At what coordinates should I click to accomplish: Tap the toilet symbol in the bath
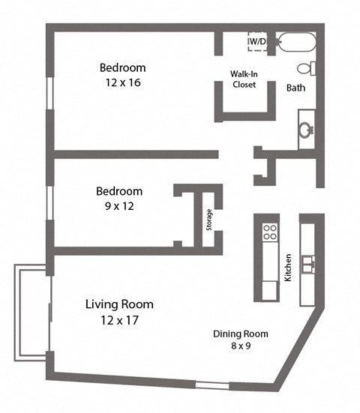(305, 68)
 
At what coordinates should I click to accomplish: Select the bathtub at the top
(296, 42)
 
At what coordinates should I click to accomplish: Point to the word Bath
(295, 88)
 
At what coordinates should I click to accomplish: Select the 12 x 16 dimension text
(122, 82)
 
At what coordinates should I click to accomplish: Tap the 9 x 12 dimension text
(118, 205)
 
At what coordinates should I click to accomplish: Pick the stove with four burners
(270, 232)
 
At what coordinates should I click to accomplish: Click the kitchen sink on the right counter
(308, 263)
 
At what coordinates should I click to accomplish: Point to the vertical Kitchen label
(288, 268)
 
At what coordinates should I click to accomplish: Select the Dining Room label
(240, 334)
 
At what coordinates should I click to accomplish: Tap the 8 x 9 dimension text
(240, 346)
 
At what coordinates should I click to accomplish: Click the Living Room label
(119, 304)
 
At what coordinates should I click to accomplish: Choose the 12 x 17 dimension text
(119, 320)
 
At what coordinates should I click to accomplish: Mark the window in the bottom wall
(213, 385)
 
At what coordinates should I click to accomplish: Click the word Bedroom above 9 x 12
(118, 191)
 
